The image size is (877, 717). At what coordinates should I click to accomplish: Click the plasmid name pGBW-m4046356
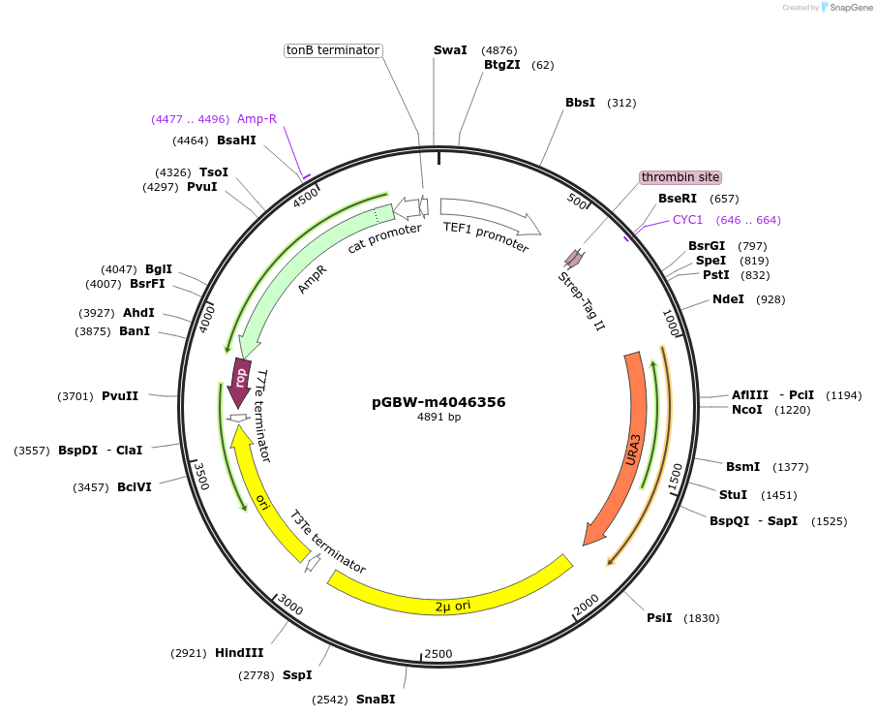[x=438, y=402]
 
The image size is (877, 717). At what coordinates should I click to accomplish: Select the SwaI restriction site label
[x=450, y=49]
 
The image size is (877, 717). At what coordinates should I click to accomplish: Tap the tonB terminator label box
[x=333, y=50]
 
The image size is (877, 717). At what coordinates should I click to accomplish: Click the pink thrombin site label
[x=680, y=177]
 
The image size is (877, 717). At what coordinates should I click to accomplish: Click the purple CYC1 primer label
[x=687, y=220]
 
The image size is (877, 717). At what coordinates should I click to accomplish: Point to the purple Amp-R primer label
[x=257, y=119]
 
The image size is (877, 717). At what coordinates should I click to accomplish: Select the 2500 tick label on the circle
[x=438, y=654]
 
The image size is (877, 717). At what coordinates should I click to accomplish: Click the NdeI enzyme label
[x=728, y=299]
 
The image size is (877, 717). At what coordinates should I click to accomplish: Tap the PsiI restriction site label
[x=659, y=618]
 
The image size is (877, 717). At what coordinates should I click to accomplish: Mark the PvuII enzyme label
[x=120, y=396]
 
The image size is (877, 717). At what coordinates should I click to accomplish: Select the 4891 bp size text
[x=438, y=418]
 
